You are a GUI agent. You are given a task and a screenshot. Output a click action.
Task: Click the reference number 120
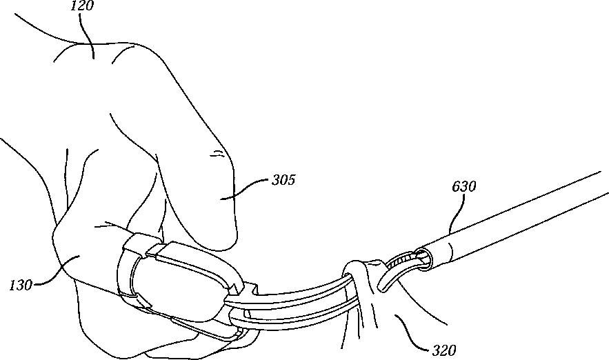83,7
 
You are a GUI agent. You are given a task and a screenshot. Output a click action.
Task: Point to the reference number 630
464,186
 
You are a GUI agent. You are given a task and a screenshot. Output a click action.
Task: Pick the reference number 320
441,350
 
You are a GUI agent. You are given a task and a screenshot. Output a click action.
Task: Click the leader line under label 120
88,34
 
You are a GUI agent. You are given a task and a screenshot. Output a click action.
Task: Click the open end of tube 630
423,257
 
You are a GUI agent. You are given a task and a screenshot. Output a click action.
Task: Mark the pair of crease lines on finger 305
219,154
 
